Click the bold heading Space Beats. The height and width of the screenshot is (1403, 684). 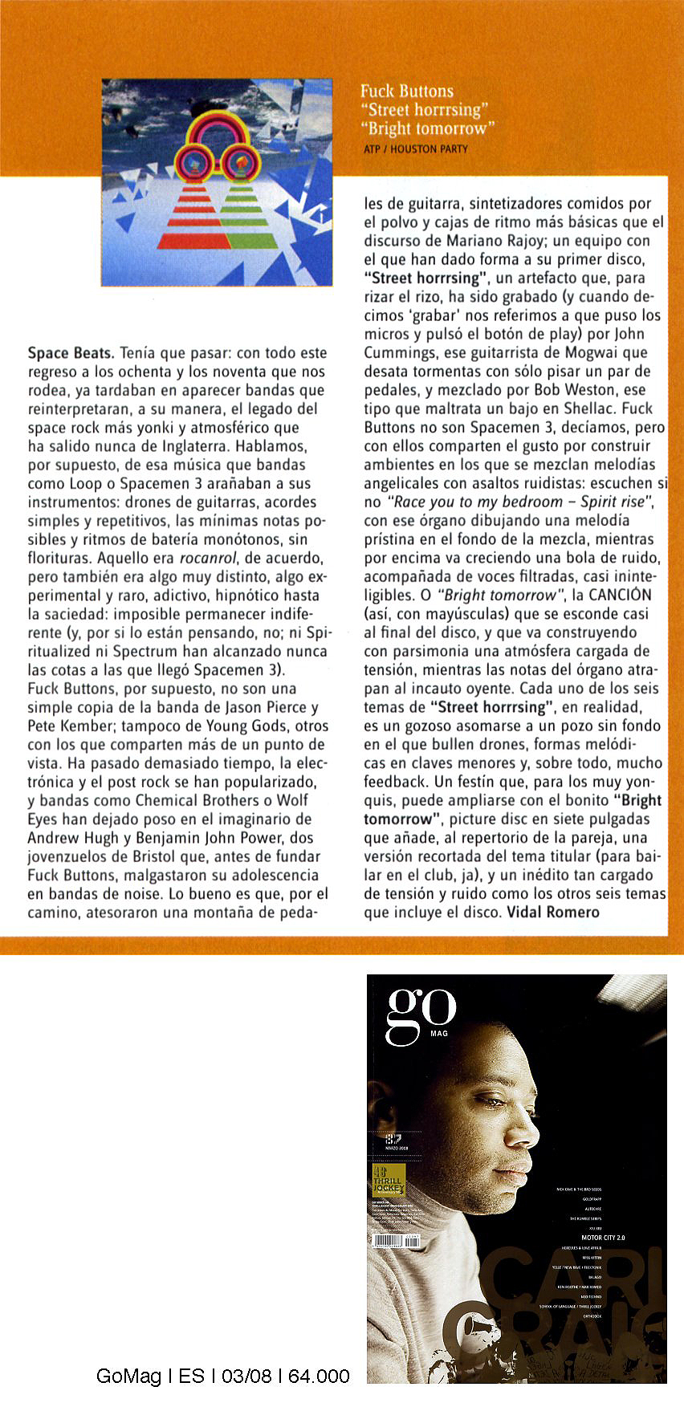(71, 352)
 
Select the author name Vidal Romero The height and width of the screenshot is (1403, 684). (553, 912)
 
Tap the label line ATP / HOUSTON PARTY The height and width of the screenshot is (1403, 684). (415, 148)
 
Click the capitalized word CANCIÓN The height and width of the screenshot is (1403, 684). (620, 595)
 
